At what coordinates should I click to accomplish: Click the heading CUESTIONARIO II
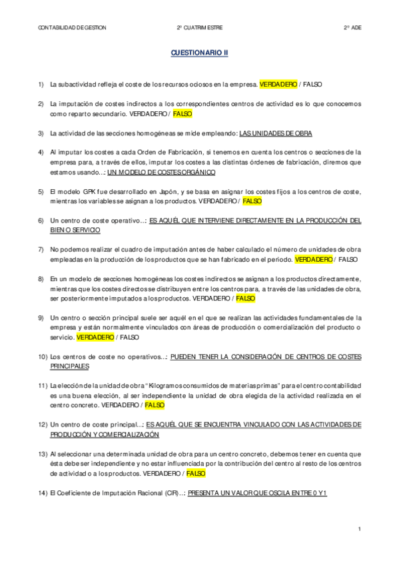(199, 53)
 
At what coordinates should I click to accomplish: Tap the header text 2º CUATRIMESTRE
(199, 27)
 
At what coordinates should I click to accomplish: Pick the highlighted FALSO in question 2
(182, 114)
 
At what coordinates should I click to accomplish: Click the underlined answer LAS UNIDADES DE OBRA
(275, 133)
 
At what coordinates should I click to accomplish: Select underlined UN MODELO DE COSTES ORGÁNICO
(161, 172)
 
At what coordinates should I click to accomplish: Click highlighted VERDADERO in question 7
(312, 259)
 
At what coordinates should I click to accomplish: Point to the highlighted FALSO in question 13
(196, 473)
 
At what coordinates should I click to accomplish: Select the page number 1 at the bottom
(359, 529)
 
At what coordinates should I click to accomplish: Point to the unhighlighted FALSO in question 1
(312, 85)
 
